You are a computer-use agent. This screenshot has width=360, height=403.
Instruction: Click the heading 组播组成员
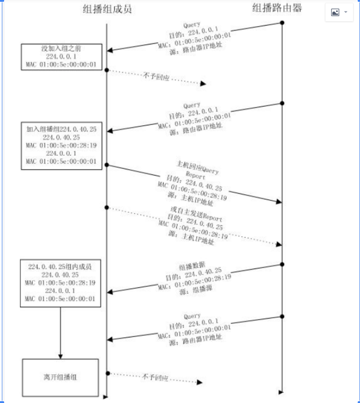pos(107,9)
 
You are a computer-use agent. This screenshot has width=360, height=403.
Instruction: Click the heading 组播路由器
pos(277,8)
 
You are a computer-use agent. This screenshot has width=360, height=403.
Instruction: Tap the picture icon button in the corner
pos(335,12)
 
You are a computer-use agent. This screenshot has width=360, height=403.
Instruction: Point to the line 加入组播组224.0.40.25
pos(61,129)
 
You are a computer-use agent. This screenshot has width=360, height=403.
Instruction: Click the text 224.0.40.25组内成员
pos(61,266)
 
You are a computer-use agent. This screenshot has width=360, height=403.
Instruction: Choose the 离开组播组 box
pos(60,377)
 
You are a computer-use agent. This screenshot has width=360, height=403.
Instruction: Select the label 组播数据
pos(191,267)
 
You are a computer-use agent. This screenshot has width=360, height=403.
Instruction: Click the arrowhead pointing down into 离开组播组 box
pos(60,356)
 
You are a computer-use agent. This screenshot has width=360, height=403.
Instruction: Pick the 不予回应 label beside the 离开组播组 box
pos(155,377)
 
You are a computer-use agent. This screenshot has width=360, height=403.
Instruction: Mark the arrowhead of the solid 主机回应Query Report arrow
pos(278,202)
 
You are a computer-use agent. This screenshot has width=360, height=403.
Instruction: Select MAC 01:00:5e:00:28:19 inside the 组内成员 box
pos(61,283)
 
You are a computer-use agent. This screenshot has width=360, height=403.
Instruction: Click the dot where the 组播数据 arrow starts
pos(282,264)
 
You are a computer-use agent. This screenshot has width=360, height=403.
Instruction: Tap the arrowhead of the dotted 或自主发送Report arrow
pos(278,244)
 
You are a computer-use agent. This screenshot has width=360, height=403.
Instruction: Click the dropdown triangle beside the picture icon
pos(346,12)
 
